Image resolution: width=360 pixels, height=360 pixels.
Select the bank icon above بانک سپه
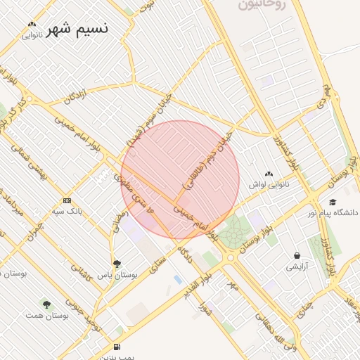pyautogui.click(x=67, y=200)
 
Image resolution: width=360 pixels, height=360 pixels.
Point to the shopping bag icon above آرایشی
pyautogui.click(x=297, y=256)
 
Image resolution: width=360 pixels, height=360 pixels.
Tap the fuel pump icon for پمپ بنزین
pyautogui.click(x=116, y=347)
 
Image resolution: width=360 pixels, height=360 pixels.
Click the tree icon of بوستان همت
pyautogui.click(x=46, y=304)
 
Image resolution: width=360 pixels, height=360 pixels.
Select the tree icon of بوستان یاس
pyautogui.click(x=117, y=264)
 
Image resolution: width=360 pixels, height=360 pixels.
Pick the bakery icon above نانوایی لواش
pyautogui.click(x=269, y=174)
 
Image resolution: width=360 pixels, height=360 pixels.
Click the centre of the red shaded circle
pyautogui.click(x=180, y=180)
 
